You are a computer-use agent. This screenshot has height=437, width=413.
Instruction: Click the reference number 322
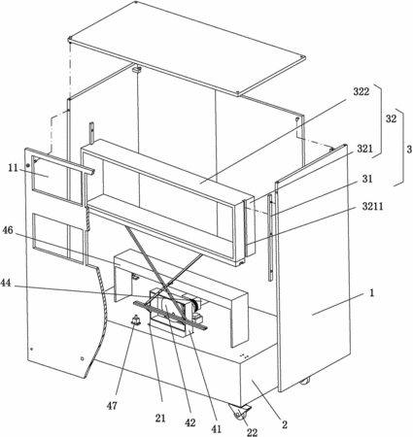pyautogui.click(x=361, y=92)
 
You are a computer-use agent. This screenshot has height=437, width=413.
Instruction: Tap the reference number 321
pyautogui.click(x=365, y=149)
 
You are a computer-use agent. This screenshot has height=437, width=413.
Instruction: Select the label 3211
pyautogui.click(x=372, y=206)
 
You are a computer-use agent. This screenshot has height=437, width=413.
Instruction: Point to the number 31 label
pyautogui.click(x=367, y=179)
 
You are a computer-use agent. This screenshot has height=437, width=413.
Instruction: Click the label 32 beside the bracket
pyautogui.click(x=391, y=118)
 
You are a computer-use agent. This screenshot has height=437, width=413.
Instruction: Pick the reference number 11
pyautogui.click(x=14, y=168)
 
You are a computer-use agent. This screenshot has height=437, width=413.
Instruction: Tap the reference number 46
pyautogui.click(x=8, y=230)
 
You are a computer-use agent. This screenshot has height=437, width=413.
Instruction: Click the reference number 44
pyautogui.click(x=6, y=284)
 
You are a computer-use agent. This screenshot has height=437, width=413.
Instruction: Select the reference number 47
pyautogui.click(x=112, y=406)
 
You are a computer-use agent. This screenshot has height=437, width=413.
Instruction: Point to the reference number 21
pyautogui.click(x=160, y=419)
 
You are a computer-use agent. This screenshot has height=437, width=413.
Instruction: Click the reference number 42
pyautogui.click(x=190, y=422)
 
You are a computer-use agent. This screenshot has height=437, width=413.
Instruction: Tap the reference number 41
pyautogui.click(x=216, y=428)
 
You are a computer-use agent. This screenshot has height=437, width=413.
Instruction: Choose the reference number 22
pyautogui.click(x=253, y=432)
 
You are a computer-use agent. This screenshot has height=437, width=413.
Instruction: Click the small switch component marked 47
pyautogui.click(x=135, y=320)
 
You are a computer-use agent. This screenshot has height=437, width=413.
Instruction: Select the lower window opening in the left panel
pyautogui.click(x=58, y=238)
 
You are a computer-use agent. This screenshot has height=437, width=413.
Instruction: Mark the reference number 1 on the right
pyautogui.click(x=372, y=293)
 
